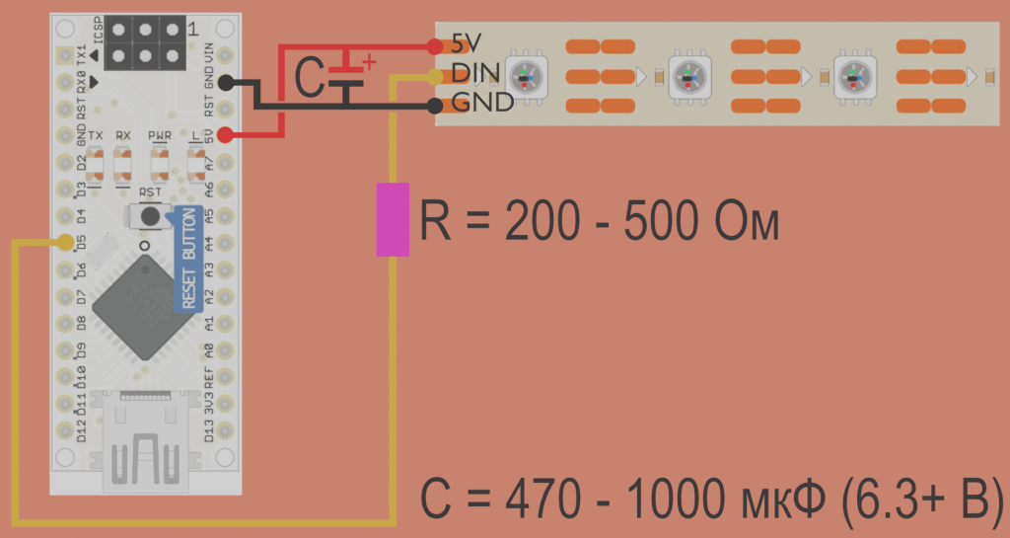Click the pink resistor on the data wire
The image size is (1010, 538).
point(393,219)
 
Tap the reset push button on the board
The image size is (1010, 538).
point(149,215)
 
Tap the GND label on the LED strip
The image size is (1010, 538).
point(482,102)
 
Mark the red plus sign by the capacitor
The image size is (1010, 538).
point(370,62)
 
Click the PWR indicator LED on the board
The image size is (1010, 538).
point(159,160)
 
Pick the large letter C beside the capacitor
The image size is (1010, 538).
point(310,79)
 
